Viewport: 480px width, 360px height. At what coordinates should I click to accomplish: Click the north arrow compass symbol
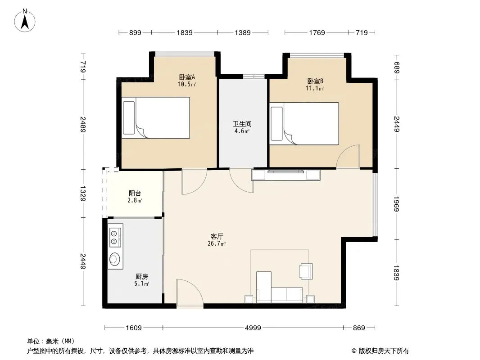point(25,21)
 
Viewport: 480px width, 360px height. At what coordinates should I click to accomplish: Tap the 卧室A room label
point(187,77)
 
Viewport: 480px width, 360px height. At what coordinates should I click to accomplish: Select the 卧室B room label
point(315,81)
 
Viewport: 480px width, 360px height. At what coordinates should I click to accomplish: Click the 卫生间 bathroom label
point(242,124)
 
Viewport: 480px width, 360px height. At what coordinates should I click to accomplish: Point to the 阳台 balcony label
point(135,193)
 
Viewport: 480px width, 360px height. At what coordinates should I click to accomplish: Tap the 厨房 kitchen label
point(142,276)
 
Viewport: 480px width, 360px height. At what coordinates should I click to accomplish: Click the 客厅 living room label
point(217,236)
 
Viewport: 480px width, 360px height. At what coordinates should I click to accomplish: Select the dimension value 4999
point(253,328)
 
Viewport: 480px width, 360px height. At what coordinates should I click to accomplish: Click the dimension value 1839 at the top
point(185,32)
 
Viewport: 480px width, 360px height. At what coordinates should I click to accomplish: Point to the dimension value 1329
point(83,193)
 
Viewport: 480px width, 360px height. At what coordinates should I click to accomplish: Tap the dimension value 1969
point(396,204)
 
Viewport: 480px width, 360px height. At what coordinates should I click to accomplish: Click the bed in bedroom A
point(156,118)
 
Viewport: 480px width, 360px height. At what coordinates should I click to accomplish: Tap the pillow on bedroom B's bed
point(277,124)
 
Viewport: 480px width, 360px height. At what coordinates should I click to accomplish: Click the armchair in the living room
point(306,271)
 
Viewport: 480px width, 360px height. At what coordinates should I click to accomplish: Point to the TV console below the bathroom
point(285,175)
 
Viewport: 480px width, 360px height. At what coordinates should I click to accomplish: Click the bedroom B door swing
point(348,156)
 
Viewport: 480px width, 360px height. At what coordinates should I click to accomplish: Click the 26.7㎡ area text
point(217,243)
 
